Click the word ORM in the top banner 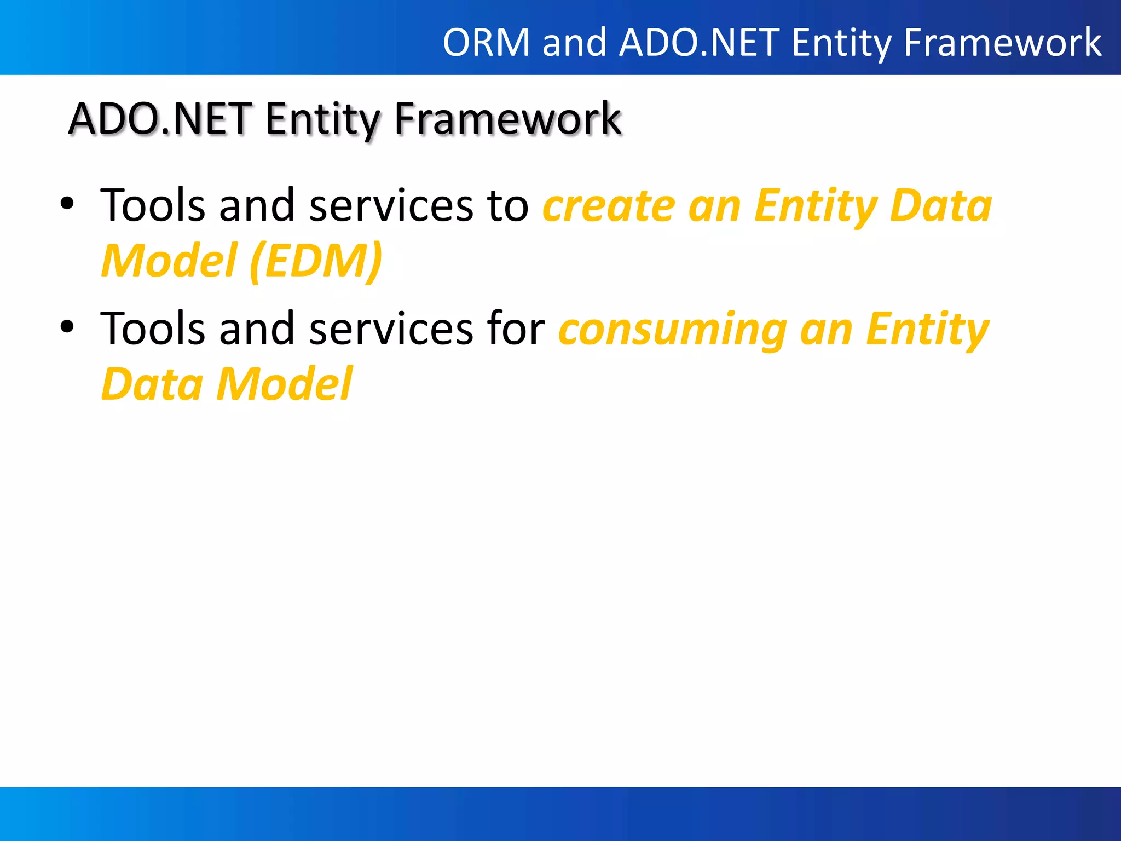coord(487,43)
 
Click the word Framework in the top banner coord(1002,43)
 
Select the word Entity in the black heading coord(322,119)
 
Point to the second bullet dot coord(67,327)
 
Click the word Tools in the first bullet coord(153,205)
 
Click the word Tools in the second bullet coord(153,328)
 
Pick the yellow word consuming coord(673,330)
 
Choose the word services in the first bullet coord(391,206)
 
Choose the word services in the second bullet coord(391,329)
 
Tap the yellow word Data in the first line coord(940,206)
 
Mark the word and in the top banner coord(574,43)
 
